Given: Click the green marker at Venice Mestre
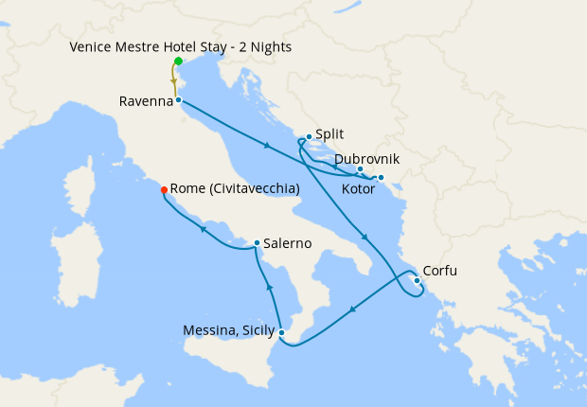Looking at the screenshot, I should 178,62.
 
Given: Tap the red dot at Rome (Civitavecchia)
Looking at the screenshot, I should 165,189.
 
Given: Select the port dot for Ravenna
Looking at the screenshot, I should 178,99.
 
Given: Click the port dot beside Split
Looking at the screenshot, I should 309,136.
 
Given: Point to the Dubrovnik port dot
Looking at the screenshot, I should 361,169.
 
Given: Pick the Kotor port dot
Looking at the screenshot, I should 381,178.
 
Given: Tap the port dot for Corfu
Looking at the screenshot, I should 418,279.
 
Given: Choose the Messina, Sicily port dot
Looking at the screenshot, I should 281,331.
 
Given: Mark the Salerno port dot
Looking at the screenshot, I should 257,243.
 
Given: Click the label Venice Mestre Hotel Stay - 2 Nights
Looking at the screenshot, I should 180,46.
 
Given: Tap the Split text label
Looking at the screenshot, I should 330,135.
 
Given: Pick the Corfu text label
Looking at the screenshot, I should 439,271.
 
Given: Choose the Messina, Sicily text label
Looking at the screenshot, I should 228,330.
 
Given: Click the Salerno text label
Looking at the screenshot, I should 287,243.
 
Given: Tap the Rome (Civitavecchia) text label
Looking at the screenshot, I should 236,188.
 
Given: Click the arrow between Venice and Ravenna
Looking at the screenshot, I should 174,82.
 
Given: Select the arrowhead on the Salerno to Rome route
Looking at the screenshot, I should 202,228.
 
